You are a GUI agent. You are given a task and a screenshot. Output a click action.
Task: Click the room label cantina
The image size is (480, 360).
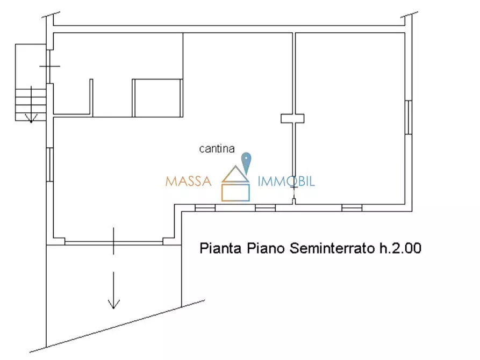point(217,149)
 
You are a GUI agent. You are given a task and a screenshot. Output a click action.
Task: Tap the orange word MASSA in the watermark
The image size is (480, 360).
point(188,181)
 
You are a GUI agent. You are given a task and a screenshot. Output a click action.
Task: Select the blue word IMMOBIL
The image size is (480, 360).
point(286,181)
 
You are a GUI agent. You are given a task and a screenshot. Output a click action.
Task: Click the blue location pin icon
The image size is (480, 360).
point(246,162)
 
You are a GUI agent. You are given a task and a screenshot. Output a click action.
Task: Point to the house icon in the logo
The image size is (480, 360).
point(236,184)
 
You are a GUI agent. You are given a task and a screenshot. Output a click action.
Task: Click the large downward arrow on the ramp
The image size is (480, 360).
point(113,290)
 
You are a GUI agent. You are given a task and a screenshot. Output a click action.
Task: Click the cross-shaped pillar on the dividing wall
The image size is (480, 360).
point(292,118)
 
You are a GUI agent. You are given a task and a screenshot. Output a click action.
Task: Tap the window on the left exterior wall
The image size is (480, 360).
point(50,165)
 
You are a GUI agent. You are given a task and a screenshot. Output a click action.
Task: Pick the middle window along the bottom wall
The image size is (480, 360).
point(265,208)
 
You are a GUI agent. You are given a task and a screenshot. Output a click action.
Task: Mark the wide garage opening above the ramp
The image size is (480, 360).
point(113,241)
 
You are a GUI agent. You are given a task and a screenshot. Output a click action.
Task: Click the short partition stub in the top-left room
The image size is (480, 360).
point(91,97)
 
